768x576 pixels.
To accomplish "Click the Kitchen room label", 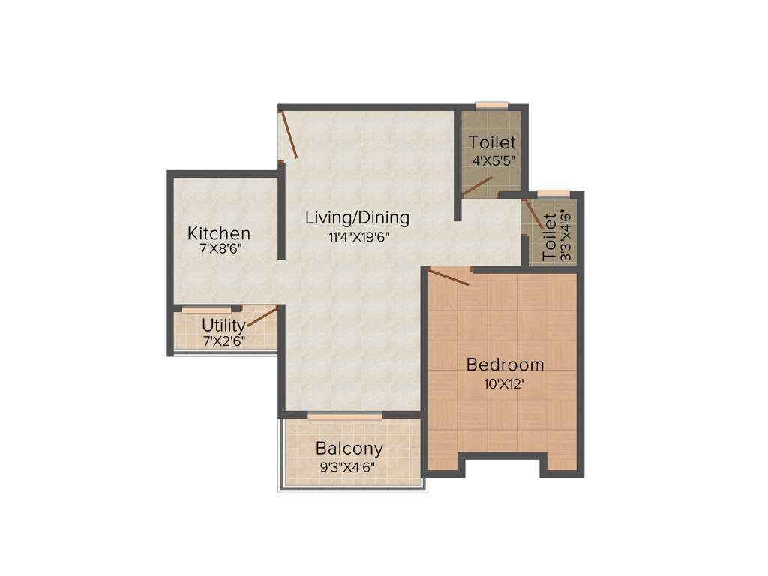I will [x=219, y=233].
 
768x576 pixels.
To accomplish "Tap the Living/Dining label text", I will [x=357, y=218].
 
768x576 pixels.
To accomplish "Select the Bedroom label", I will [x=505, y=365].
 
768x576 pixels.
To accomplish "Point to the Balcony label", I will [x=349, y=448].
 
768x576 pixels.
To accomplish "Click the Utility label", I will [x=223, y=325].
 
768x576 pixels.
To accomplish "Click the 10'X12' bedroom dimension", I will [x=505, y=383].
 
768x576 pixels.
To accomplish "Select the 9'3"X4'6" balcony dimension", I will [x=348, y=466].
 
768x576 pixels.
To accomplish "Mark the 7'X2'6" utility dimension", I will [x=223, y=340].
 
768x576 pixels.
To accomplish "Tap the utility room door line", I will [x=262, y=316].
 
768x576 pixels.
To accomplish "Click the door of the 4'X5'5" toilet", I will [x=477, y=187].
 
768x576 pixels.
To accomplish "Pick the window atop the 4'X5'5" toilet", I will [x=492, y=106].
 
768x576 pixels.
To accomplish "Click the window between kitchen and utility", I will [x=206, y=308].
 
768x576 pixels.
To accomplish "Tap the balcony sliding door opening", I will [x=344, y=415].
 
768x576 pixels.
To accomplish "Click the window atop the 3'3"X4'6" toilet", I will [x=553, y=193].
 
